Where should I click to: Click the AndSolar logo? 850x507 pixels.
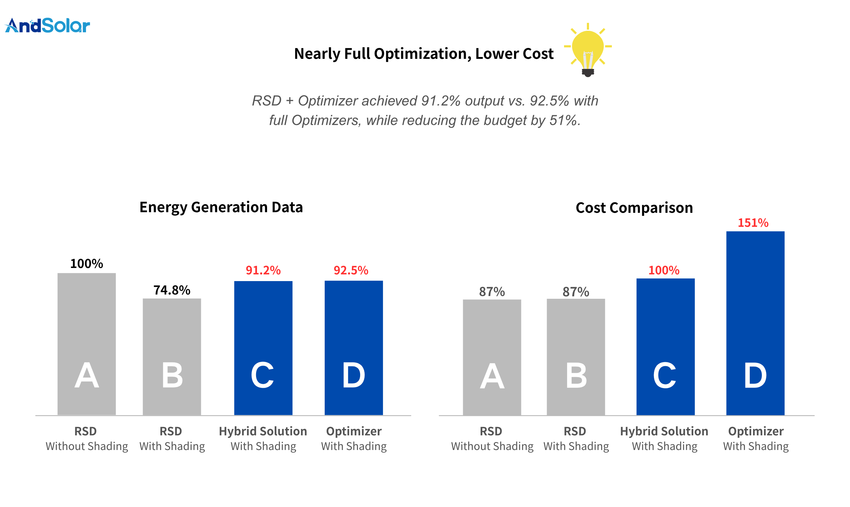point(48,26)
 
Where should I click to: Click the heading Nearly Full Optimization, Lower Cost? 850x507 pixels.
point(424,54)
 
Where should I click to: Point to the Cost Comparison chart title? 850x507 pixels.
point(634,208)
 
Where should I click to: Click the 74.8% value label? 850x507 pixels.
point(172,290)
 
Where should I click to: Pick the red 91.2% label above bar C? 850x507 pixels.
point(263,270)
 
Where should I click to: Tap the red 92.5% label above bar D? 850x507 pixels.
point(351,270)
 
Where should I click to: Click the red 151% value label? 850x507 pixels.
point(753,223)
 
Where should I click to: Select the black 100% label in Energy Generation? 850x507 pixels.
point(87,263)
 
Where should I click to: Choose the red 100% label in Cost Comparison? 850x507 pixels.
point(664,270)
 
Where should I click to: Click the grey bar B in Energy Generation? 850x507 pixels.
point(172,357)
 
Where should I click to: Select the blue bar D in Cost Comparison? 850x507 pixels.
point(755,323)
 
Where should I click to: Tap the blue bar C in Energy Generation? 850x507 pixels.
point(263,348)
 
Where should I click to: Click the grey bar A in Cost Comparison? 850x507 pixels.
point(492,357)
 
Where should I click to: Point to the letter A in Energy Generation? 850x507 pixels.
point(87,376)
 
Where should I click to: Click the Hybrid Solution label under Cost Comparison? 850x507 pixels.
point(664,431)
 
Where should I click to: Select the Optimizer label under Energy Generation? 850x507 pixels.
point(354,431)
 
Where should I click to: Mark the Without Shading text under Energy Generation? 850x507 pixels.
point(87,446)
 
